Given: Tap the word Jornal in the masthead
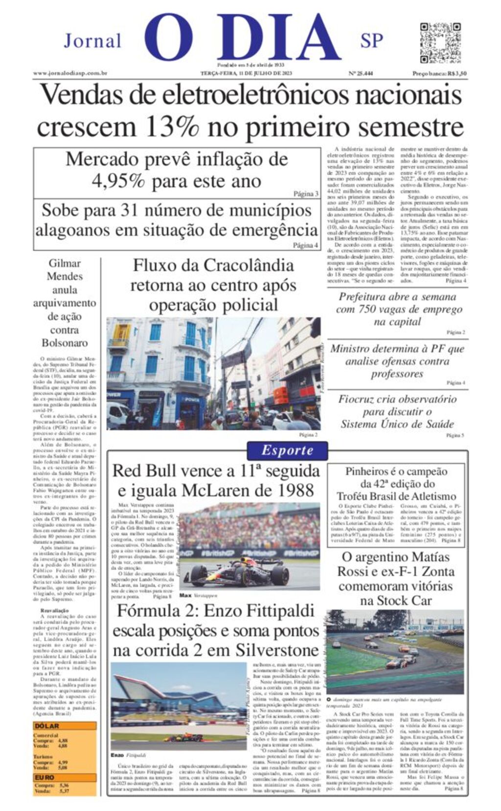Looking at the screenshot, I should point(92,41).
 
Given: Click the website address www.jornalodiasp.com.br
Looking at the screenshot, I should point(70,73).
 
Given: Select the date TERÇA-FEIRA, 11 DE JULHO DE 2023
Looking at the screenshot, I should point(246,73).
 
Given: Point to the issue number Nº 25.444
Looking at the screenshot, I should point(360,73).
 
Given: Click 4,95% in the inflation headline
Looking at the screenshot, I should point(118,181).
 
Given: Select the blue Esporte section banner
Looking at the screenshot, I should point(287,450).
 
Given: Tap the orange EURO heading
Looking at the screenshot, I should point(45,778).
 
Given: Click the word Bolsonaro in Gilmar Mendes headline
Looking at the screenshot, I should point(65,343).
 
